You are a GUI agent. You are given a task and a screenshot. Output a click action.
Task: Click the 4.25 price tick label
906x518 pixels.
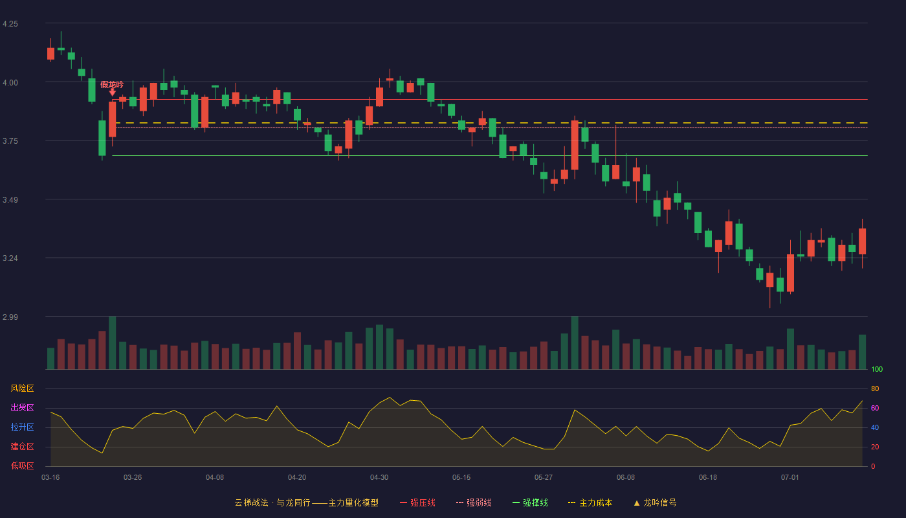coord(10,24)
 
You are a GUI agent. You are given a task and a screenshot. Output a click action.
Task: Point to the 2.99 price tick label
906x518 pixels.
coord(10,317)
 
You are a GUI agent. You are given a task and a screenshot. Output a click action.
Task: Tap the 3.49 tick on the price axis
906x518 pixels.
coord(10,200)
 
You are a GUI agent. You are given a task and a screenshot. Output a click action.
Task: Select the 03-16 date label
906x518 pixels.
coord(50,478)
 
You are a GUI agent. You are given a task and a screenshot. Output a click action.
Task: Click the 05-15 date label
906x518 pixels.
coord(461,478)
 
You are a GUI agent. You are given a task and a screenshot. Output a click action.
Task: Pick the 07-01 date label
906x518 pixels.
coord(790,478)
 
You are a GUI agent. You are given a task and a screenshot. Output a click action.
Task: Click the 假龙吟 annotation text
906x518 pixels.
coord(112,85)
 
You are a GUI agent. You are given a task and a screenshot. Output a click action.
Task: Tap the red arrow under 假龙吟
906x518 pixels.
coord(113,92)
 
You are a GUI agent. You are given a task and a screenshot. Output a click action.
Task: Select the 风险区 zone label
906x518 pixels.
coord(22,388)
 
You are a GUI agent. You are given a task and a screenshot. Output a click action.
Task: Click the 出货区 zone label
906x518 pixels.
coord(22,407)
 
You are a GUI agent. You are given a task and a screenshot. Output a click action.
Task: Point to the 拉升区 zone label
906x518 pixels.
coord(22,427)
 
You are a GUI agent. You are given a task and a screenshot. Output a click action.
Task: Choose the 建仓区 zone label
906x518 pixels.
coord(22,446)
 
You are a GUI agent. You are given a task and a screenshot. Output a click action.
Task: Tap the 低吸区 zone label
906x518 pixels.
coord(22,466)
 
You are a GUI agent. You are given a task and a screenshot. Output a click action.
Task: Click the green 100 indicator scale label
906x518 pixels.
coord(877,369)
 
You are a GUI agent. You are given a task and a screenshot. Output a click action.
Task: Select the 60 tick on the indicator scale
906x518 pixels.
coord(875,408)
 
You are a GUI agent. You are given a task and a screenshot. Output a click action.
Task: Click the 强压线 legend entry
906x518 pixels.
coord(417,502)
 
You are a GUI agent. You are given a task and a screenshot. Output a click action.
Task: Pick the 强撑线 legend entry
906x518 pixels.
coord(530,502)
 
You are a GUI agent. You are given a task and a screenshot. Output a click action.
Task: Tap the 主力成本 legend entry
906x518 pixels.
coord(590,502)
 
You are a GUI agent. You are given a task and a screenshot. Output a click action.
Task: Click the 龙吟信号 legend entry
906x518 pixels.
coord(655,502)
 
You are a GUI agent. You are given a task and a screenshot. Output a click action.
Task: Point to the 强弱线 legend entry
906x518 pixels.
coord(474,502)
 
